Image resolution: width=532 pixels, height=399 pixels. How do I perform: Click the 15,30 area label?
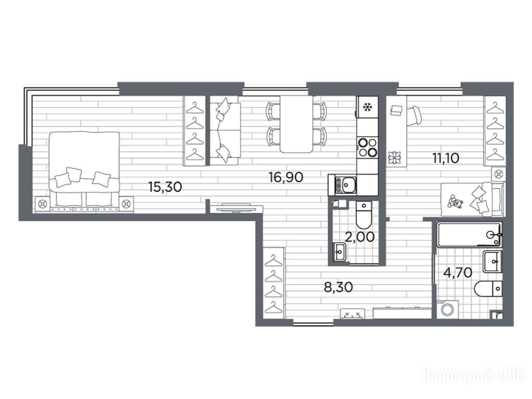click(x=165, y=187)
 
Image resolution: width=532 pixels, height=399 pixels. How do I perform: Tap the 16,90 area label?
click(x=286, y=177)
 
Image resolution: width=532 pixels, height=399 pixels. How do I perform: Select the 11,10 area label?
click(x=445, y=158)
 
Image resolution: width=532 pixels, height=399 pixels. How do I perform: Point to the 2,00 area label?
click(x=360, y=236)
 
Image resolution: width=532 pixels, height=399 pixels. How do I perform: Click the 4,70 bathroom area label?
click(x=458, y=272)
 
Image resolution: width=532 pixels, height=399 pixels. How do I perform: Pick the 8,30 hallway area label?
click(x=338, y=287)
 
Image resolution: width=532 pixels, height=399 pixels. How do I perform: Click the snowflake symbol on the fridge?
click(x=367, y=107)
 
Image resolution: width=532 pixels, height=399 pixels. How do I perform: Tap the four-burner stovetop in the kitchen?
click(x=367, y=147)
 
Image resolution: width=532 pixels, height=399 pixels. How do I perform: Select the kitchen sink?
click(x=343, y=185)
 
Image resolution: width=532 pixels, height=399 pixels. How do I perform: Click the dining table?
click(x=296, y=124)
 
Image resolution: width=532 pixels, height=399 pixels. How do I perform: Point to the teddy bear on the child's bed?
click(x=454, y=202)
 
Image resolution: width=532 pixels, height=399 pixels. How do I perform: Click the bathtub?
click(x=469, y=235)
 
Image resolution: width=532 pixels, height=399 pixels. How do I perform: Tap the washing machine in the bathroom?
click(x=448, y=310)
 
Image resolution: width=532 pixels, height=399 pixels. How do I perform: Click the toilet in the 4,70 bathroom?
click(x=488, y=289)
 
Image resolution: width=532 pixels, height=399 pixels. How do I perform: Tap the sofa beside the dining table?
click(x=225, y=130)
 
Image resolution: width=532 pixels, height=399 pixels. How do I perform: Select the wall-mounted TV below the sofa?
click(x=236, y=207)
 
